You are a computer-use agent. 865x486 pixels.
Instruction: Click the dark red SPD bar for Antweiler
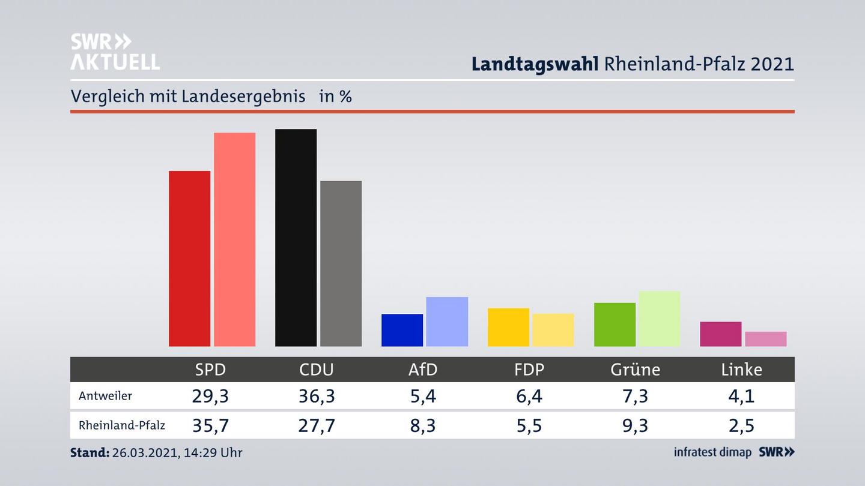tap(189, 259)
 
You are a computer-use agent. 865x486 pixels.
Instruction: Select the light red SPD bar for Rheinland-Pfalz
tap(234, 239)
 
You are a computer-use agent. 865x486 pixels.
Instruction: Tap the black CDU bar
tap(296, 238)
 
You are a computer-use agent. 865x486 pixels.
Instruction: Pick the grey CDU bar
tap(341, 263)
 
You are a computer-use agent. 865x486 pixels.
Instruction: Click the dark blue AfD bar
tap(402, 330)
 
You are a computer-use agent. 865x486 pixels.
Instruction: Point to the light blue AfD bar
tap(447, 322)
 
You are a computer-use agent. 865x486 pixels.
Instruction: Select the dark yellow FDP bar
tap(508, 327)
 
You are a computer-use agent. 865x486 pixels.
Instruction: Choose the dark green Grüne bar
tap(615, 325)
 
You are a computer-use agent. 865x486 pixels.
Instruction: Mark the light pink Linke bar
tap(765, 339)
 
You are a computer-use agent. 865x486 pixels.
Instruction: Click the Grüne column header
tap(635, 370)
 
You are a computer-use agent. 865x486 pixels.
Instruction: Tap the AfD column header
tap(423, 370)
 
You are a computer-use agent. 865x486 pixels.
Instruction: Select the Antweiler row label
tap(105, 396)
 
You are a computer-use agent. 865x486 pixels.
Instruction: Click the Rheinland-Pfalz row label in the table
tap(121, 425)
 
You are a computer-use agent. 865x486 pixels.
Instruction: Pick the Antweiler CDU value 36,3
tap(317, 396)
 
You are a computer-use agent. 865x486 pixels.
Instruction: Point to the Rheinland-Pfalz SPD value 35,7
tap(210, 425)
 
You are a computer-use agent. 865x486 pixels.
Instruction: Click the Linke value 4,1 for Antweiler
tap(741, 396)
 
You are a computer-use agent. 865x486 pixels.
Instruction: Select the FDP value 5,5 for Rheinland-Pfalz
tap(529, 425)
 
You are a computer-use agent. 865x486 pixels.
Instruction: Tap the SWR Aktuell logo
tap(115, 52)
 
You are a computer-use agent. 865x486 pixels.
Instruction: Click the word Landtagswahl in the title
tap(535, 64)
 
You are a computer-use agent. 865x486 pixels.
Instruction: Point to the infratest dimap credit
tap(712, 452)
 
